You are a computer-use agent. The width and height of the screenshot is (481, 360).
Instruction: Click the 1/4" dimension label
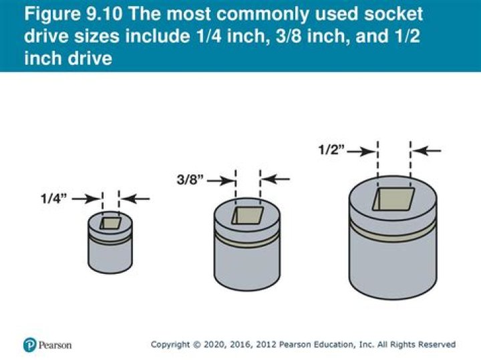coord(54,198)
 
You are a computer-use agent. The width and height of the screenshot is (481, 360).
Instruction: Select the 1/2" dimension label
coord(332,151)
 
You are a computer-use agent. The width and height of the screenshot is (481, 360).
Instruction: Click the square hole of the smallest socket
coord(111,223)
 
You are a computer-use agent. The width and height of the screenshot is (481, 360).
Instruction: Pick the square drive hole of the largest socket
coord(393,200)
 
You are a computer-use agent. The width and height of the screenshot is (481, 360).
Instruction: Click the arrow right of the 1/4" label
coord(86,198)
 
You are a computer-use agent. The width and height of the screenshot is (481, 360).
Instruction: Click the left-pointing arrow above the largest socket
coord(427,152)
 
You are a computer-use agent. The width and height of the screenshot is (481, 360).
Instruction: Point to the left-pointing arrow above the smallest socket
coord(136,198)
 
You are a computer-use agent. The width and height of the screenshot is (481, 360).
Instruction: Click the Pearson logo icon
coord(29,345)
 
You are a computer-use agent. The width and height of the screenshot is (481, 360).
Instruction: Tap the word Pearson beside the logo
coord(55,345)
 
